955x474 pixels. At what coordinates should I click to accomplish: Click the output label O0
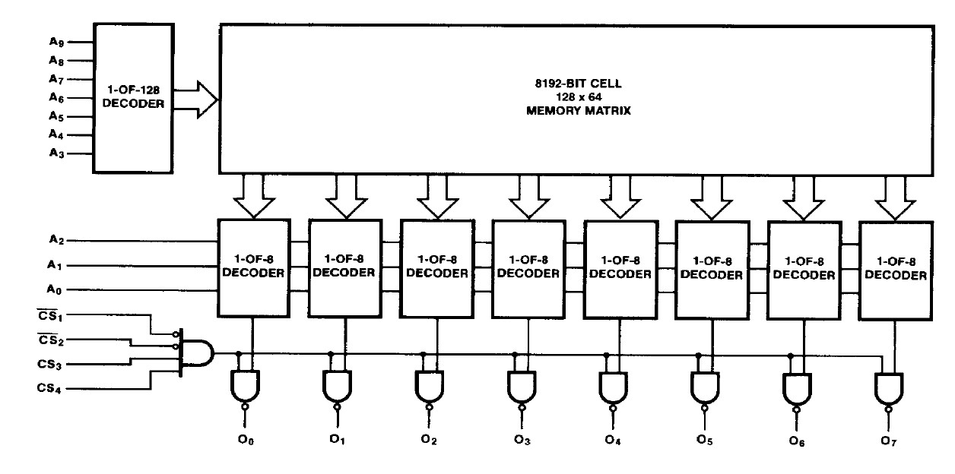click(x=246, y=438)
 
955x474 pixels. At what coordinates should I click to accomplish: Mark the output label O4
click(x=613, y=438)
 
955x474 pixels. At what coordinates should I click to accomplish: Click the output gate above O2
click(x=430, y=388)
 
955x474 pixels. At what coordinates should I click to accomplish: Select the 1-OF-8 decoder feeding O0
click(x=253, y=267)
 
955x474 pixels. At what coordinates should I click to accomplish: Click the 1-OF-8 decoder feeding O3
click(x=528, y=267)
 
